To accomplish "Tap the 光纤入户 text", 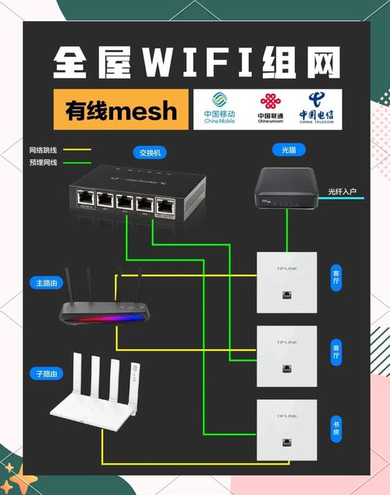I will coord(342,191).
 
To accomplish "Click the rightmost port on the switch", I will coord(165,205).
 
